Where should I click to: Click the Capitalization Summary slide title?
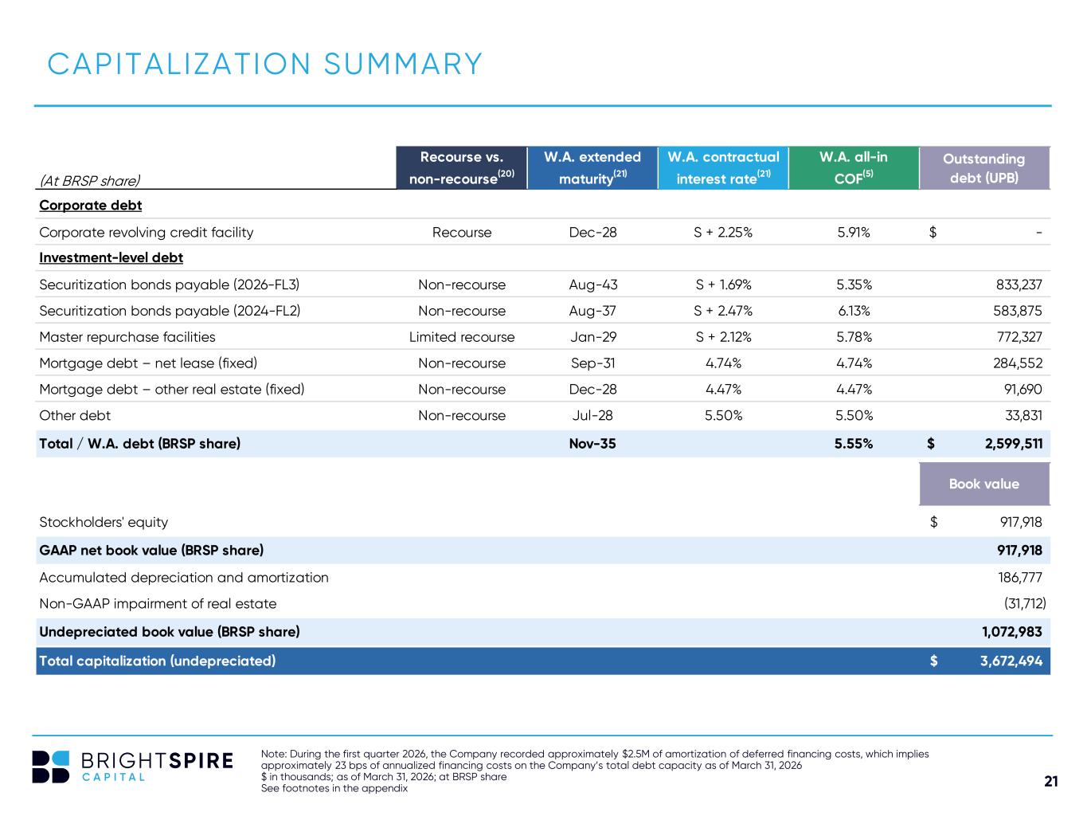264,64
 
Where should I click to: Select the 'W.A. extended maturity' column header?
592,167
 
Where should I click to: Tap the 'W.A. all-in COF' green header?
853,167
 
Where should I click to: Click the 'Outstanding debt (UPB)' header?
983,167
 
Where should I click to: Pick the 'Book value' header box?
983,484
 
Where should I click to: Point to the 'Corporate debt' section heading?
91,205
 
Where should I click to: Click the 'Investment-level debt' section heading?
111,257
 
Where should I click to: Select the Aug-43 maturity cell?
592,284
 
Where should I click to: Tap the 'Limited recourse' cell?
462,337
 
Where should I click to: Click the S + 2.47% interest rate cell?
723,311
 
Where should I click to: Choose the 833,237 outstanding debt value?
1019,284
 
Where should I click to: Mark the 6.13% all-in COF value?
854,311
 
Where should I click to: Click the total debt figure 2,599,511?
1013,443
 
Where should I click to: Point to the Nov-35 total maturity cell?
592,443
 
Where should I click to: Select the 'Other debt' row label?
75,415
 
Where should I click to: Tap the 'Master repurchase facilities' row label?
127,337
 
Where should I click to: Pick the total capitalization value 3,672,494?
1011,661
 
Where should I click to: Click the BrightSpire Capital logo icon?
50,767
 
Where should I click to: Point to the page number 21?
1051,781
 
